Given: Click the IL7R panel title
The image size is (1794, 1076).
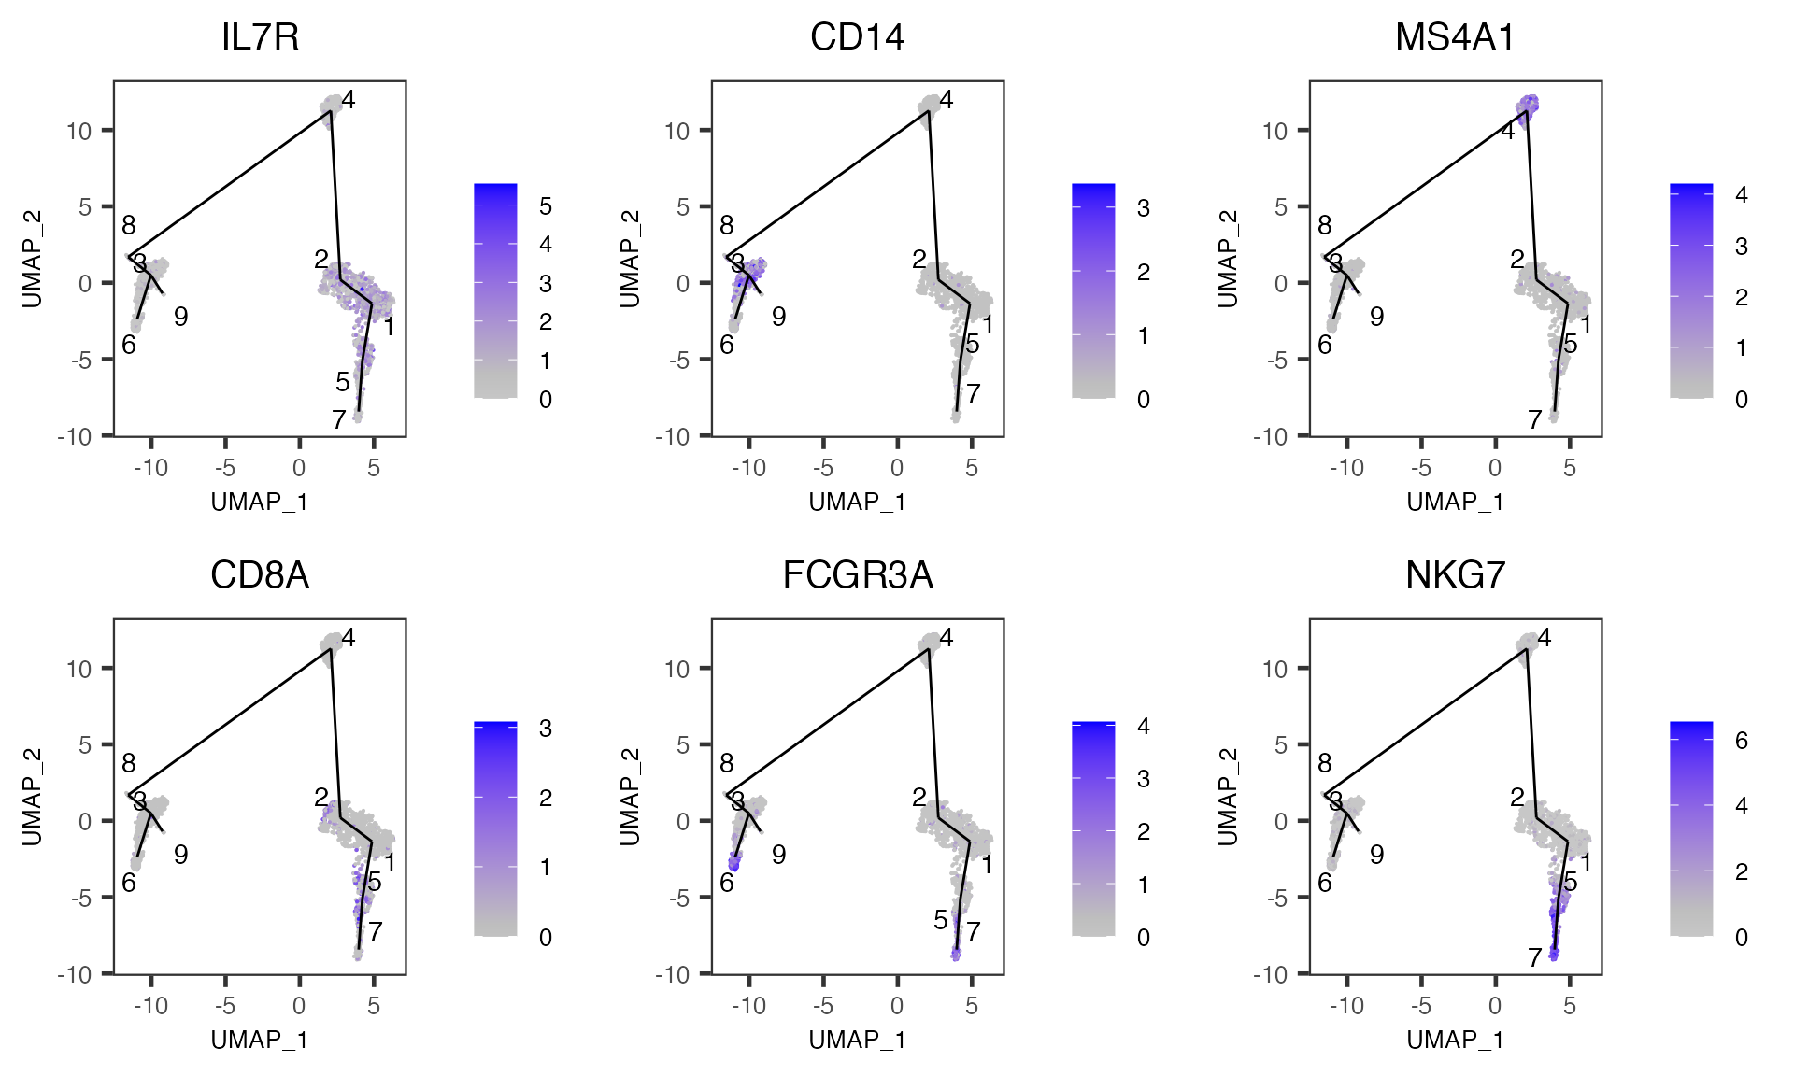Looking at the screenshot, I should pos(260,37).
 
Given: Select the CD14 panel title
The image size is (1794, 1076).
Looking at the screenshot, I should pos(857,37).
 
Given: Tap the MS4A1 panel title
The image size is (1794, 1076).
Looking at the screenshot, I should pos(1455,37).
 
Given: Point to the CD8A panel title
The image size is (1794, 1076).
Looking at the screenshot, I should pos(260,575).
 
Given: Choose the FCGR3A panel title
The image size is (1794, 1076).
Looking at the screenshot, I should pos(857,575).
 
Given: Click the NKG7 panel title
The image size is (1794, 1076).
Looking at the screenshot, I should pos(1455,575).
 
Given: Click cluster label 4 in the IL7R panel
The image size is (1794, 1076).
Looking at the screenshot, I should pos(349,99).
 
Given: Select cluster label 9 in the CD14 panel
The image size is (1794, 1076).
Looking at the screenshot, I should pos(778,317).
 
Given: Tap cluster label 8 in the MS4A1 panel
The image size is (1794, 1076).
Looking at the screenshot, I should pos(1324,225).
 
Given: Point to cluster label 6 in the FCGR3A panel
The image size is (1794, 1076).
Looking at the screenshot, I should pos(727,883).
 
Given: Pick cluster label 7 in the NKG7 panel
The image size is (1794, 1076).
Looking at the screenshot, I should pos(1534,957).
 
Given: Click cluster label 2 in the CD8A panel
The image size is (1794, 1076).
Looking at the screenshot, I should pos(321,797).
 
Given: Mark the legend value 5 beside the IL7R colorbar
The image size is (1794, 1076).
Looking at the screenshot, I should pos(546,205).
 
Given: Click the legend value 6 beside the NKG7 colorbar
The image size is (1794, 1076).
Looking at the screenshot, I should pos(1742,741).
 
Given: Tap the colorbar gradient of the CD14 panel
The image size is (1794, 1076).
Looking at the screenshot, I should pos(1093,290).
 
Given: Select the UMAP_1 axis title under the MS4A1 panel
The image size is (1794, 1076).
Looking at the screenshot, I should pos(1455,502).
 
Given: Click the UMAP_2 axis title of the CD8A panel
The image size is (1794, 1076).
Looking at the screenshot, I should pos(33,797).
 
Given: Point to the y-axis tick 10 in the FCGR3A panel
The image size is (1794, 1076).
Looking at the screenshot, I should pos(676,669).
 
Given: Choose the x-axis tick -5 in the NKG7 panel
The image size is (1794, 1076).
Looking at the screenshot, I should pos(1420,1006).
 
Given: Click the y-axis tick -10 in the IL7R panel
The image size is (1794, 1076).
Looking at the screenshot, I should pos(78,436).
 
